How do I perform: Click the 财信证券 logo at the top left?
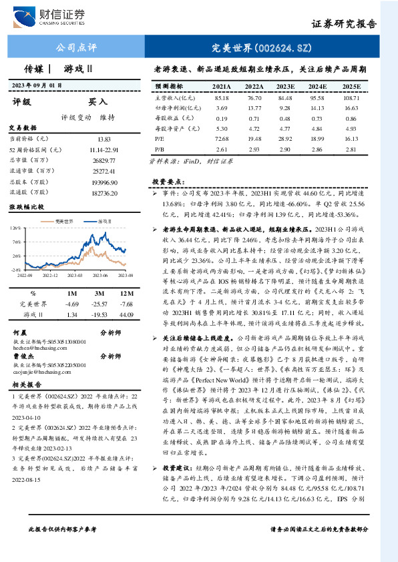49,16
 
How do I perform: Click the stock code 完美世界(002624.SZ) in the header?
267,48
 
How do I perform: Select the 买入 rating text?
97,103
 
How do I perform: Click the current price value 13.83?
104,138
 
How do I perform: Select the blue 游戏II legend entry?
103,220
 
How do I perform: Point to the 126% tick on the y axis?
15,228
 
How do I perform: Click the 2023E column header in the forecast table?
285,87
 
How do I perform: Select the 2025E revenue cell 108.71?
351,97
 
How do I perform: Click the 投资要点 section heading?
168,182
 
